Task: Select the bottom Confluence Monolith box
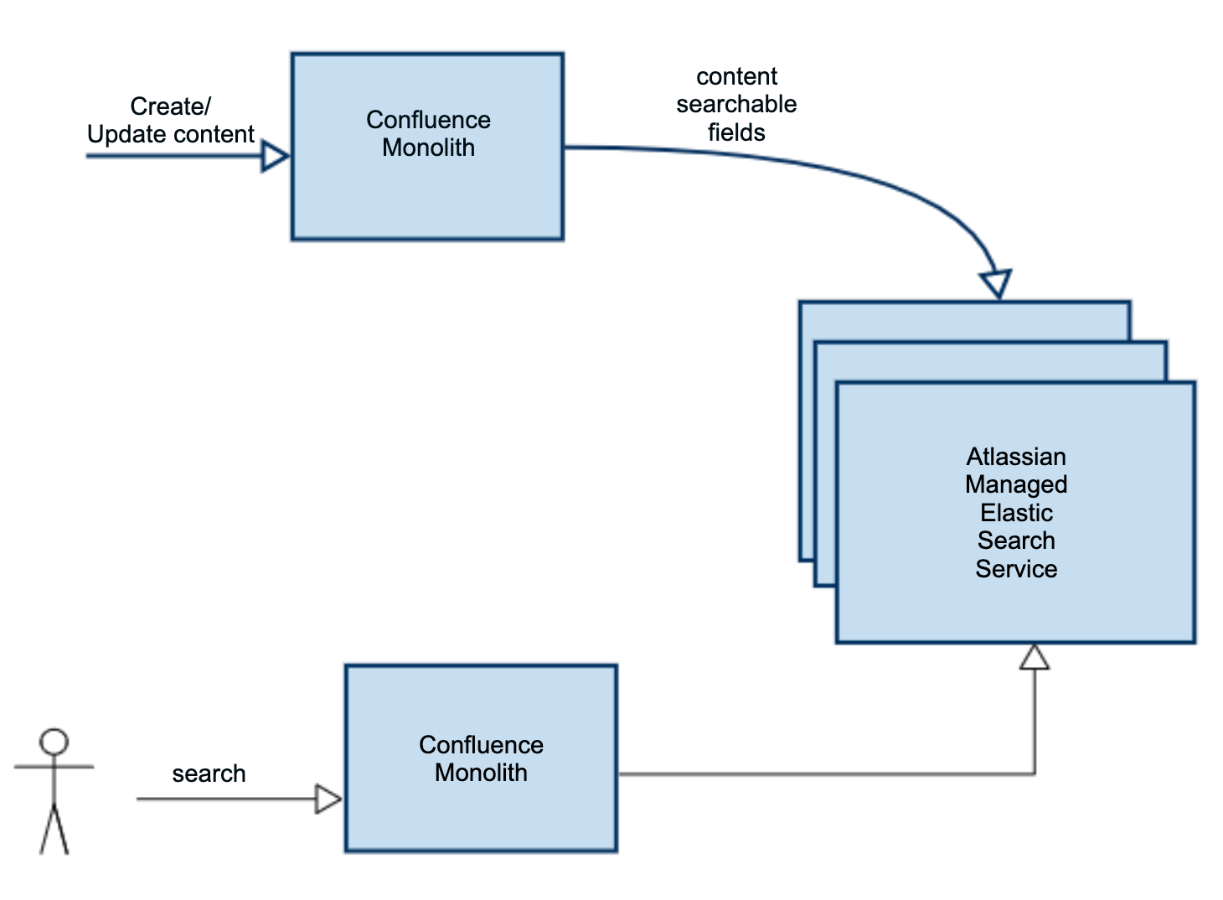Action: [x=481, y=813]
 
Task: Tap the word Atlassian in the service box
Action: [x=1016, y=457]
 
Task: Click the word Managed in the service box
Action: [x=1016, y=484]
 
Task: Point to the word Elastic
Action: [x=1016, y=513]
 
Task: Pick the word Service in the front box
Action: [x=1016, y=569]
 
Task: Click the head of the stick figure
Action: [x=54, y=742]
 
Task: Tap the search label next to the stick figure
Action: [x=209, y=773]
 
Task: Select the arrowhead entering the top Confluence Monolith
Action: [x=275, y=156]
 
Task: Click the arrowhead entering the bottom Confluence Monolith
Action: [x=328, y=799]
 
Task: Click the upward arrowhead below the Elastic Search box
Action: [x=1035, y=658]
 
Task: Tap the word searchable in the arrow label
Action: [x=736, y=104]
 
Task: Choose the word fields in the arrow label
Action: [x=736, y=132]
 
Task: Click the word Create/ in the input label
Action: [x=170, y=106]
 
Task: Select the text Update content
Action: [x=170, y=134]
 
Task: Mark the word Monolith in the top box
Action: [x=428, y=147]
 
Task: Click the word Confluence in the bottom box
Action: [x=481, y=744]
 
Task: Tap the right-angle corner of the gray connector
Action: [x=1035, y=773]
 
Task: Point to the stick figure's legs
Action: [x=54, y=830]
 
